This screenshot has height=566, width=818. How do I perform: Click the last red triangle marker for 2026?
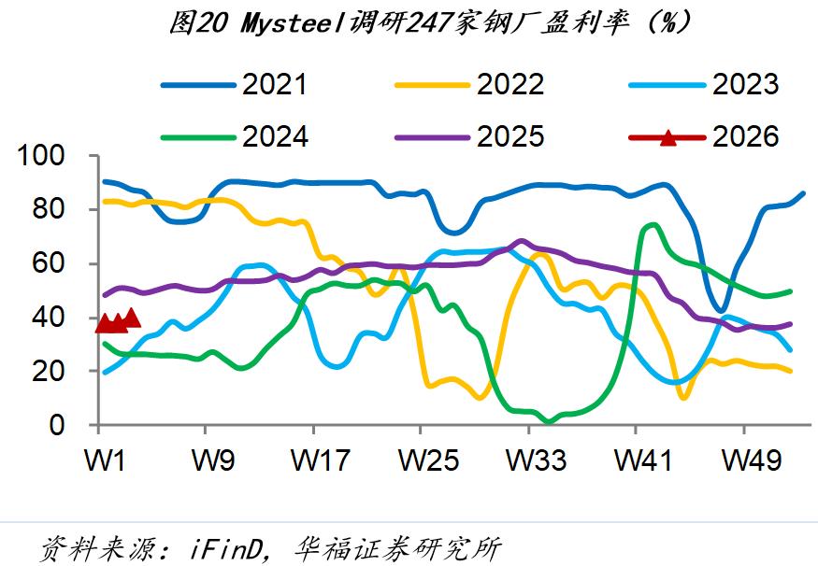click(x=132, y=318)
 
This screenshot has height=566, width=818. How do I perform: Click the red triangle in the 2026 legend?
click(x=667, y=137)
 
